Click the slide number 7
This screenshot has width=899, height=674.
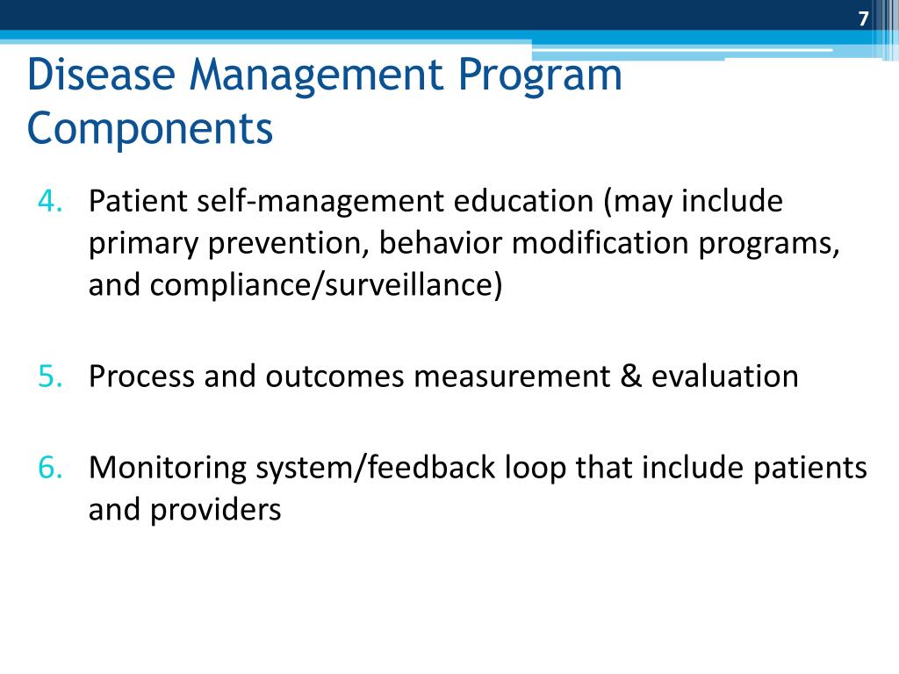(863, 18)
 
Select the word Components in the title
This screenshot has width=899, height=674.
(150, 128)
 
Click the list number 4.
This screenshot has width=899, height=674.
(48, 203)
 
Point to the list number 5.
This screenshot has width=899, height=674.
(48, 376)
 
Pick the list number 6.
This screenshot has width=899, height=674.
(48, 468)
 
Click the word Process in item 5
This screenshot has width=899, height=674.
(141, 376)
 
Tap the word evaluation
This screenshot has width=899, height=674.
(725, 376)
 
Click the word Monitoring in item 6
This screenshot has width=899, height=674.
(168, 468)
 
